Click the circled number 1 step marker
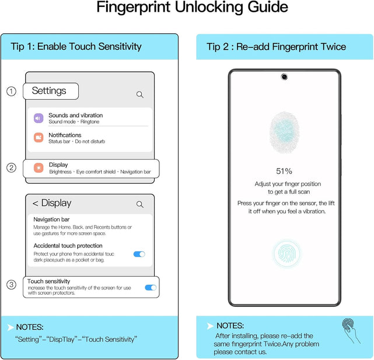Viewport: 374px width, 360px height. tap(11, 91)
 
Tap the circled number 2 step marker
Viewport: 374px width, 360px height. tap(11, 167)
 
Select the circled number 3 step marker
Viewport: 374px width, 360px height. tap(11, 284)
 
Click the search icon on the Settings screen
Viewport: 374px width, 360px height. tap(140, 95)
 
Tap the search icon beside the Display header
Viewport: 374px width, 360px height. tap(140, 204)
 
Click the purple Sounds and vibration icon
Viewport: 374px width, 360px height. tap(39, 118)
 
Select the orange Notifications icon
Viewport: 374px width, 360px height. tap(39, 138)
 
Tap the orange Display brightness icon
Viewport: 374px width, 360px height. tap(39, 167)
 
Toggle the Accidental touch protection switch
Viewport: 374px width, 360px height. tap(139, 254)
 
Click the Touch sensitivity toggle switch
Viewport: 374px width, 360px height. tap(151, 288)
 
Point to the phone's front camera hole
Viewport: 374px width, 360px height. tap(284, 77)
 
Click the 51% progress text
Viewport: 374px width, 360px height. tap(284, 171)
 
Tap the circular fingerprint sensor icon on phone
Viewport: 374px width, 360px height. tap(287, 253)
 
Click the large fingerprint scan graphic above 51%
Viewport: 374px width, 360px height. tap(284, 132)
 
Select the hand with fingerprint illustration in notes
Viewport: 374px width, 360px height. tap(351, 330)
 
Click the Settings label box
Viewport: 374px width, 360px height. tap(51, 91)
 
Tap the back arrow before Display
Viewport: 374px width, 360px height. tap(36, 203)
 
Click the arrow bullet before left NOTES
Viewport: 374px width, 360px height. tap(11, 327)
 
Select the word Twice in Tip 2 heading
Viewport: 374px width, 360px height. tap(334, 47)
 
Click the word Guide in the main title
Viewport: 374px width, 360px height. tap(268, 7)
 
